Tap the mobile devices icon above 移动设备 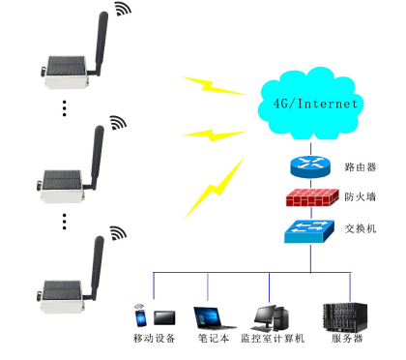[x=154, y=315]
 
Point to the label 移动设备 [x=155, y=339]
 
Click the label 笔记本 [x=212, y=339]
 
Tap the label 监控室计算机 [x=273, y=339]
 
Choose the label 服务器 [x=346, y=339]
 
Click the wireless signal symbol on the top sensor [x=123, y=10]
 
